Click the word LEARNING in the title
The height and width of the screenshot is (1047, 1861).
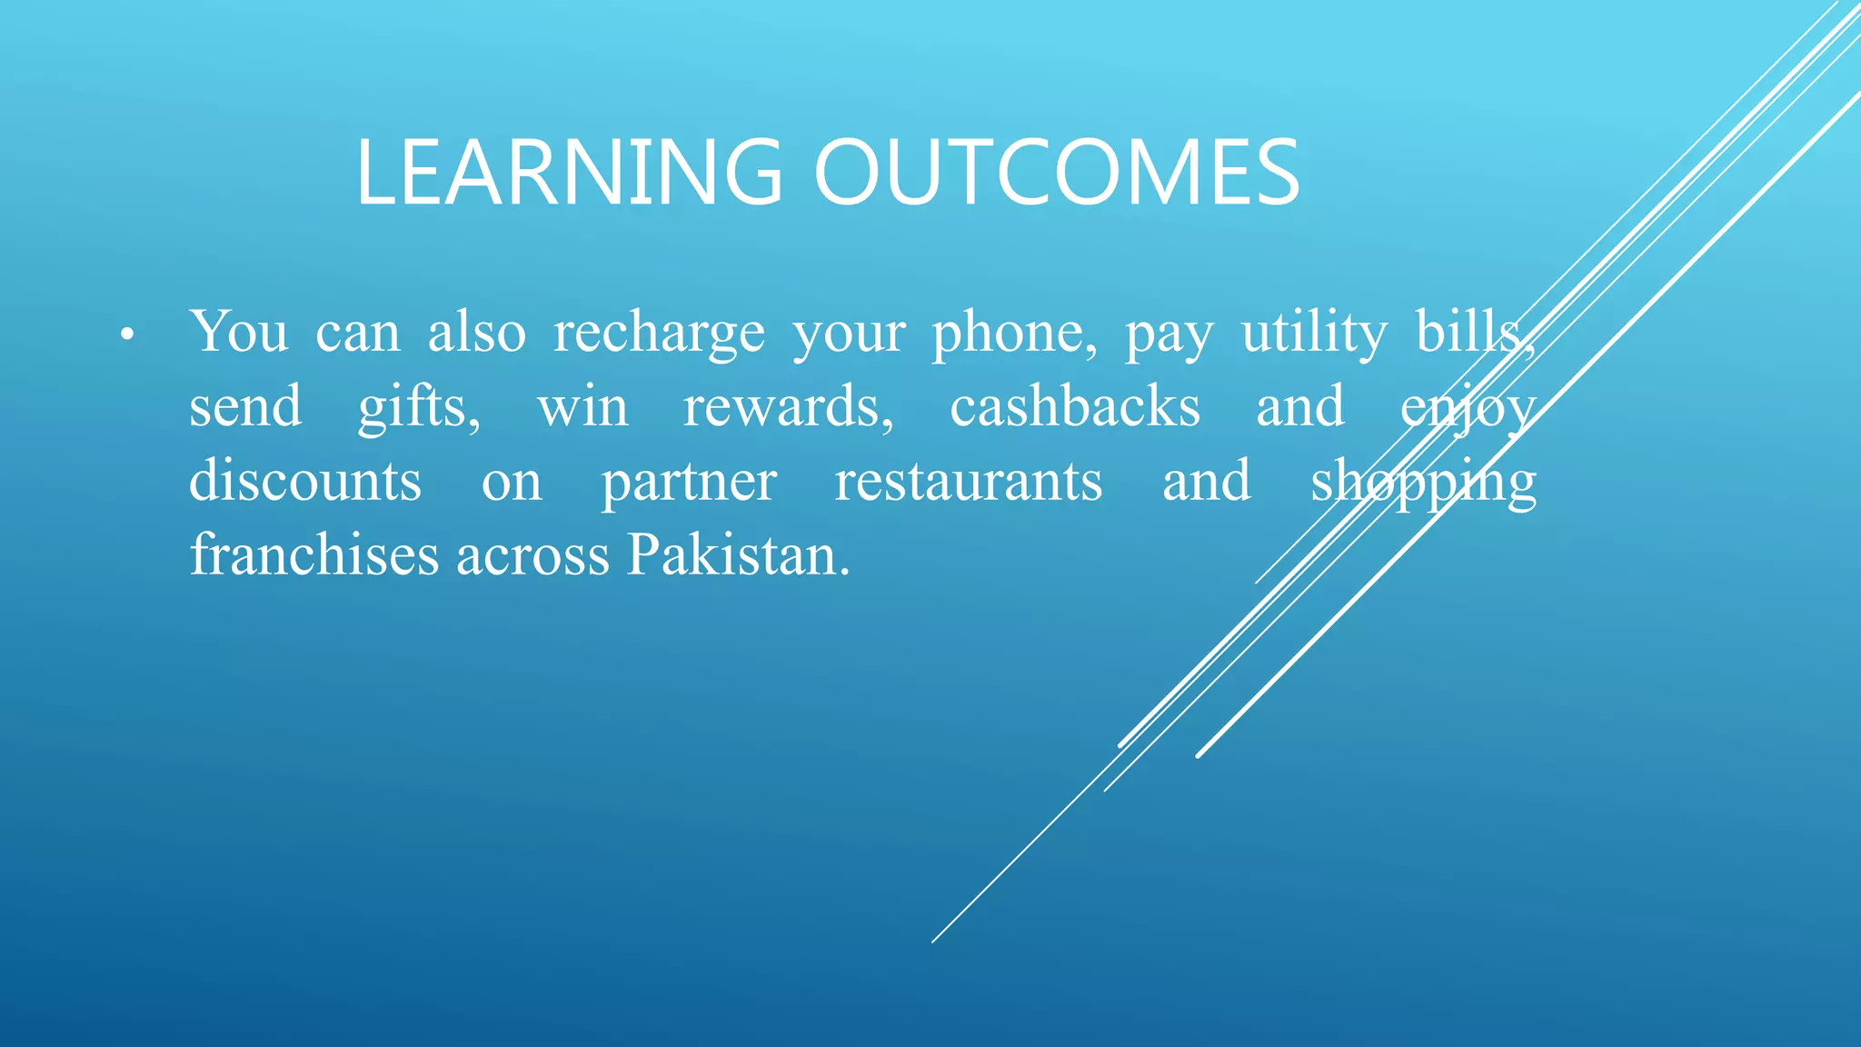[569, 173]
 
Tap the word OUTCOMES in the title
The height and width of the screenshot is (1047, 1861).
[1057, 173]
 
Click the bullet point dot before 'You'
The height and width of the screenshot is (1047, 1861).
[126, 335]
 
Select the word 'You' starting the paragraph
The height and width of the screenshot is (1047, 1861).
[238, 332]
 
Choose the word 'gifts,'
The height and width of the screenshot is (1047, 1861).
[419, 408]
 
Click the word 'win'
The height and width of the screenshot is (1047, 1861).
[582, 408]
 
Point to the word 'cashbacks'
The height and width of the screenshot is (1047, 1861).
[1075, 406]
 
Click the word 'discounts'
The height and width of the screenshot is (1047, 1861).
[305, 481]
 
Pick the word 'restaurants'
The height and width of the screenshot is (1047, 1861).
[969, 482]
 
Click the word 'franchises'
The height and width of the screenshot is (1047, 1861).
[314, 555]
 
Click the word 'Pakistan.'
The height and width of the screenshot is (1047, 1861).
[739, 555]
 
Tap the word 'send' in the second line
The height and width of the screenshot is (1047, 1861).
[245, 406]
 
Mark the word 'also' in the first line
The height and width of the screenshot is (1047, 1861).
[477, 333]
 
